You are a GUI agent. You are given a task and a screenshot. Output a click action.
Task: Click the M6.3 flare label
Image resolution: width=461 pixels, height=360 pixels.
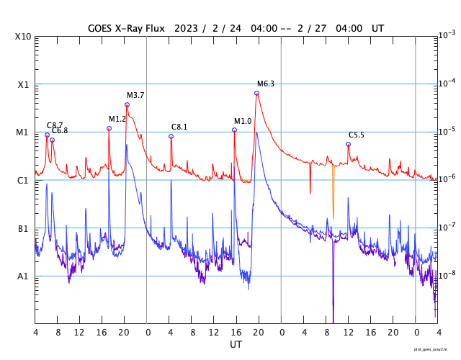click(x=266, y=84)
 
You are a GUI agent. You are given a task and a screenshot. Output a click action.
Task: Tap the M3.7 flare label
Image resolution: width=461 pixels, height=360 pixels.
click(x=135, y=96)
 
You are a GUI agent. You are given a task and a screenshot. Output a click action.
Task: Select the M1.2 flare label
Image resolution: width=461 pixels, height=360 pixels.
click(x=117, y=120)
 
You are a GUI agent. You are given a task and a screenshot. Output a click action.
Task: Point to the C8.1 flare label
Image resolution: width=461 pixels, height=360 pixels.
click(x=179, y=127)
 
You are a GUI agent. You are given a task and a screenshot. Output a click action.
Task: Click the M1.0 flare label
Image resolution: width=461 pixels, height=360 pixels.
click(x=243, y=122)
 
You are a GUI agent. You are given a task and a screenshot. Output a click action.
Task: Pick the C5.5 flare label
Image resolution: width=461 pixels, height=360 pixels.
click(x=357, y=135)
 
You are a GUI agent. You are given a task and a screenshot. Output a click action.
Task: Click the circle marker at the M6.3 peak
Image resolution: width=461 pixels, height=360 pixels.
click(x=256, y=93)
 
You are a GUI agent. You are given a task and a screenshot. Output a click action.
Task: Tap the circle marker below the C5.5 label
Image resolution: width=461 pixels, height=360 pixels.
click(x=348, y=144)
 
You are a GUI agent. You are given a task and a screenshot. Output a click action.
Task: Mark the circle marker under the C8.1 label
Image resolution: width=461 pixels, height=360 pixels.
click(x=171, y=136)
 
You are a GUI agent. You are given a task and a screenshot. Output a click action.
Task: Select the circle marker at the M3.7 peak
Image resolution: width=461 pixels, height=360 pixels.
click(x=127, y=104)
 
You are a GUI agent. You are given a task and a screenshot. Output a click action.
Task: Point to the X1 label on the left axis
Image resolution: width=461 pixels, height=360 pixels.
click(x=23, y=84)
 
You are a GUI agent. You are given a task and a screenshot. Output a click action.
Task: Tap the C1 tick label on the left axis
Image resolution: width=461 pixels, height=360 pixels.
click(x=23, y=180)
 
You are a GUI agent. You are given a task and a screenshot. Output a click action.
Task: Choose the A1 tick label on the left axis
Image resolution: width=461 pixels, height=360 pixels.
click(x=23, y=276)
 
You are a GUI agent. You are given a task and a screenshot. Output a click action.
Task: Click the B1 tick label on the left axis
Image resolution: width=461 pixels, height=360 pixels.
click(x=23, y=229)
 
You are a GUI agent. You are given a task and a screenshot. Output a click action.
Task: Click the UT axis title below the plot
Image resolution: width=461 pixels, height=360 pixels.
click(x=236, y=345)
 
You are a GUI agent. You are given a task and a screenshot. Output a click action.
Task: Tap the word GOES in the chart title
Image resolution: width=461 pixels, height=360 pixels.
click(x=101, y=28)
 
